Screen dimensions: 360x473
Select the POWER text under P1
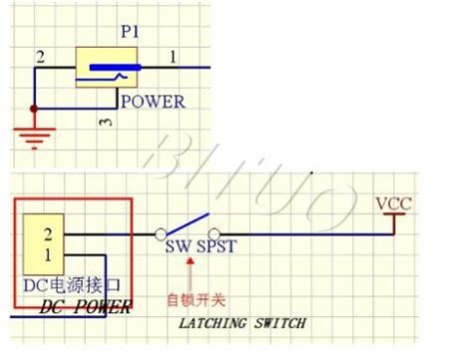point(152,101)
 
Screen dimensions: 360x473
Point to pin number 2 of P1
point(41,58)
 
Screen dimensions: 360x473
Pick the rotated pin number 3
point(106,122)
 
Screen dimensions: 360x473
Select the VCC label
point(393,205)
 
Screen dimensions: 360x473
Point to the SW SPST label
point(200,247)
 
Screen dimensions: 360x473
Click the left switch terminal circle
point(160,234)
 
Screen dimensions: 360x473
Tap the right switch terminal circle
point(214,234)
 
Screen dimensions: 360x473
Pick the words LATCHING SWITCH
point(241,323)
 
